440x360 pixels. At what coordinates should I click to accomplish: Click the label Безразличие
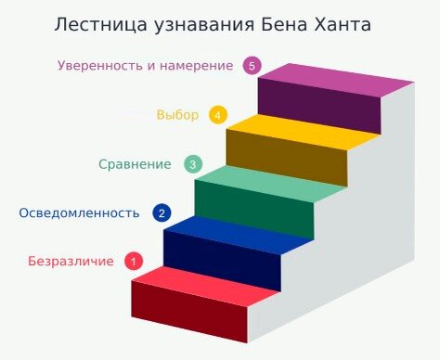pyautogui.click(x=71, y=261)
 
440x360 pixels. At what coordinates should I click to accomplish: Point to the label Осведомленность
pyautogui.click(x=79, y=212)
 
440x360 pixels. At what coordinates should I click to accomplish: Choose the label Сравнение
pyautogui.click(x=135, y=164)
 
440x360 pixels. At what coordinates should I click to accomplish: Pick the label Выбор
pyautogui.click(x=177, y=115)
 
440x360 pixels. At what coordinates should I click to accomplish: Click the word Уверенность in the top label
pyautogui.click(x=98, y=66)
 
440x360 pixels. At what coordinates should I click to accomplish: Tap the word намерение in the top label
pyautogui.click(x=197, y=66)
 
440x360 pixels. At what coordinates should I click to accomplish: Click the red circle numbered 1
pyautogui.click(x=134, y=261)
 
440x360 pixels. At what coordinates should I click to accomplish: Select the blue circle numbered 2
pyautogui.click(x=162, y=212)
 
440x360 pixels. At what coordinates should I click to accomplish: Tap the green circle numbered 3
pyautogui.click(x=193, y=164)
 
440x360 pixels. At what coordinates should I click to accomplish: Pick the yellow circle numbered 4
pyautogui.click(x=218, y=115)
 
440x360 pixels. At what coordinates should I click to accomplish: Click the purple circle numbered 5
pyautogui.click(x=251, y=66)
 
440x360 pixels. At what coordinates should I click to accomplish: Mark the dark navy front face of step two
pyautogui.click(x=221, y=260)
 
